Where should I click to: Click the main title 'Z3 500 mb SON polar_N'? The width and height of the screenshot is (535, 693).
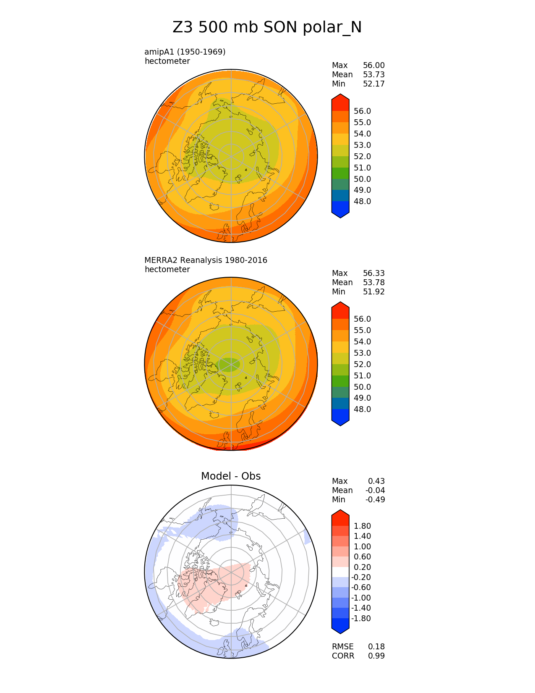(267, 28)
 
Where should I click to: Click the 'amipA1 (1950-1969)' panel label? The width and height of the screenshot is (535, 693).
(185, 52)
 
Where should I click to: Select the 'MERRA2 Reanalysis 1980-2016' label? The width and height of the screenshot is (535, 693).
(206, 260)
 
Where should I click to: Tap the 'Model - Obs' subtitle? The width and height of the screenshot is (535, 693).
(231, 476)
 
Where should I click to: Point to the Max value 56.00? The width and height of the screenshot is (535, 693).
(373, 65)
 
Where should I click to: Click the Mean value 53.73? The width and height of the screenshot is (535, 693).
(373, 74)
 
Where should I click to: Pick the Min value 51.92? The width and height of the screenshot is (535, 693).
(373, 291)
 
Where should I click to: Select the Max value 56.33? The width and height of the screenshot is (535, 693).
(373, 273)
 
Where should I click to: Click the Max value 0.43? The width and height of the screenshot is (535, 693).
(376, 481)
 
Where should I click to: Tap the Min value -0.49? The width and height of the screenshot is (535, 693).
(375, 499)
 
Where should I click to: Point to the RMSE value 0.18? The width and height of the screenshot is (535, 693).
(376, 646)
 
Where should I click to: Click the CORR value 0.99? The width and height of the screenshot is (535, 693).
(376, 656)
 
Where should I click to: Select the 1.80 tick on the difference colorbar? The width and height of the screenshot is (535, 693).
(362, 526)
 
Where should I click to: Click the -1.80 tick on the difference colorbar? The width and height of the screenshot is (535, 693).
(361, 618)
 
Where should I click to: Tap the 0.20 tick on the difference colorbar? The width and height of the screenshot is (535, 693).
(362, 567)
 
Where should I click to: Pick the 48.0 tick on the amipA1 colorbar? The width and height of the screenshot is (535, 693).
(363, 201)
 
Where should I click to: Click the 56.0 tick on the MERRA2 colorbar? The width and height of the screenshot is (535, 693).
(363, 319)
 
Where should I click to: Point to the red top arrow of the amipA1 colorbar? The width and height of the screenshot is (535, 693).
(340, 102)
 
